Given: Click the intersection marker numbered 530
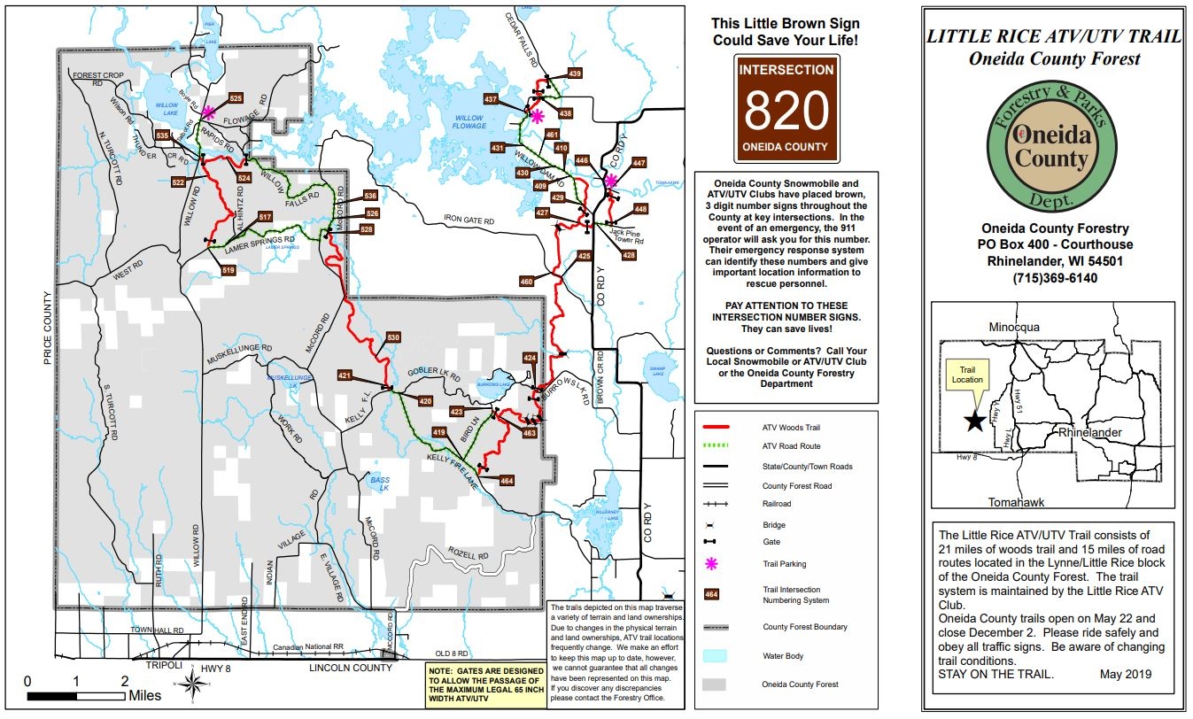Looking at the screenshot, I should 393,338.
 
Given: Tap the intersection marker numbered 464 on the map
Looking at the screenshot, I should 507,481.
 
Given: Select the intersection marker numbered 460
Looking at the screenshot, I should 526,282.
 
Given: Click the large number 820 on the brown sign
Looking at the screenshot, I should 786,110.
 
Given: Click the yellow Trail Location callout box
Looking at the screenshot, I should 966,374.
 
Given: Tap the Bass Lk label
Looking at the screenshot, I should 380,483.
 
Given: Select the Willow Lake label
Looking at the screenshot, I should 167,110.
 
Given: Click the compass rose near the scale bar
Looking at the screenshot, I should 193,683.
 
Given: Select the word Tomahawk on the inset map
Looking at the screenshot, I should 1016,502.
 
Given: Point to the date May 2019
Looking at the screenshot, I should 1124,674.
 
